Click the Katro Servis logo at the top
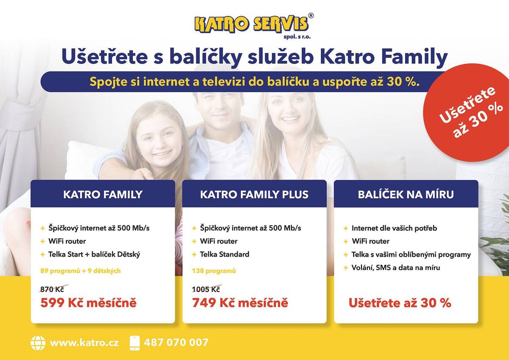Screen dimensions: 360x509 [x=251, y=24]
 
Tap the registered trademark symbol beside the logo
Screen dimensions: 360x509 [x=311, y=15]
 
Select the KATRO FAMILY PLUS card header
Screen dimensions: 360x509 [x=254, y=194]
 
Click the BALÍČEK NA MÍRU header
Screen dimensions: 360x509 [x=406, y=194]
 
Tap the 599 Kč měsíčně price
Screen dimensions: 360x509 [x=88, y=303]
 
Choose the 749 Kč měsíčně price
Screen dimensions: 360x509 [x=240, y=303]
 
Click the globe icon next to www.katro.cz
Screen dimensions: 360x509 [x=38, y=343]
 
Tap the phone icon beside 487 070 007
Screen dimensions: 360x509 [x=134, y=343]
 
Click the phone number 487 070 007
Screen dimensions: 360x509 [x=176, y=343]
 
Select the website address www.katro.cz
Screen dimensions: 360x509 [x=84, y=343]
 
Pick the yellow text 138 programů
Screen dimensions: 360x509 [x=214, y=270]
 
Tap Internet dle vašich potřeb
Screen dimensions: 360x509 [x=394, y=228]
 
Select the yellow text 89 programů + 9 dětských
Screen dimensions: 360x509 [x=80, y=270]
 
